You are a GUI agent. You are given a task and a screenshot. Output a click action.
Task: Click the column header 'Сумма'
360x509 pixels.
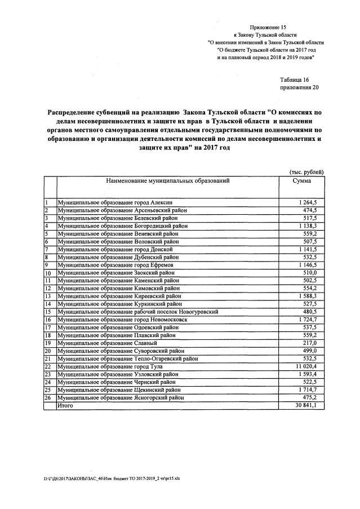pos(302,181)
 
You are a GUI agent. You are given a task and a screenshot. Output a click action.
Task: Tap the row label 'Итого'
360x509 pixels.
pos(66,405)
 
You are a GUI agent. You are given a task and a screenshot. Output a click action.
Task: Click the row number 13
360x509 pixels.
pos(48,296)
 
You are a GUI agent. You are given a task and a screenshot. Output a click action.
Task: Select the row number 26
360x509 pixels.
pos(48,397)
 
